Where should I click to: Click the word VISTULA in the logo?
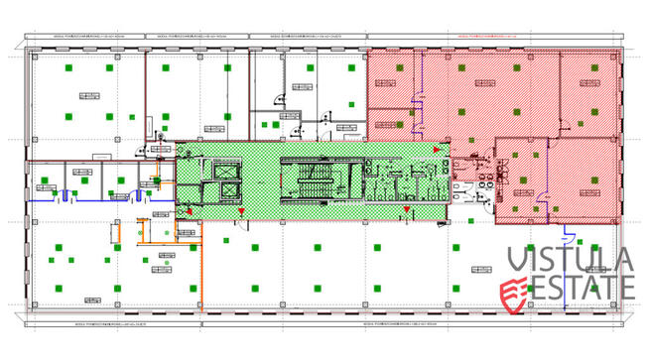click(571, 261)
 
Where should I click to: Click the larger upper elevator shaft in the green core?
click(225, 167)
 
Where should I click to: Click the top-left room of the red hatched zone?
click(392, 80)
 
